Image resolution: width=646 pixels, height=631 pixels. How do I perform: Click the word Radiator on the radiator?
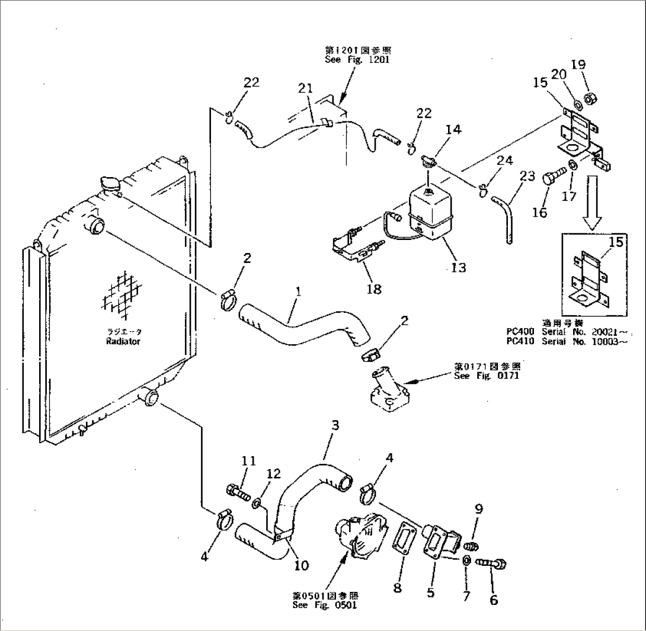click(123, 342)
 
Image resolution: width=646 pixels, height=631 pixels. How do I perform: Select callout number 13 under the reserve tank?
click(458, 267)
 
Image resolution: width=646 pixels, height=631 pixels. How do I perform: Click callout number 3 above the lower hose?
click(335, 425)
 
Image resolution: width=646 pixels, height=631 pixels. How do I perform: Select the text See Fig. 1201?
click(357, 60)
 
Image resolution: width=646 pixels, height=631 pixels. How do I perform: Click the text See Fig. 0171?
click(478, 375)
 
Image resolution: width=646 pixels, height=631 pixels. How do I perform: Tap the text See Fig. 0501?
click(325, 605)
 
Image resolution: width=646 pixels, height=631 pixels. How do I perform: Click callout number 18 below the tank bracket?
click(374, 289)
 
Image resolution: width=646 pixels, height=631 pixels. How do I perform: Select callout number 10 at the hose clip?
click(300, 565)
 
